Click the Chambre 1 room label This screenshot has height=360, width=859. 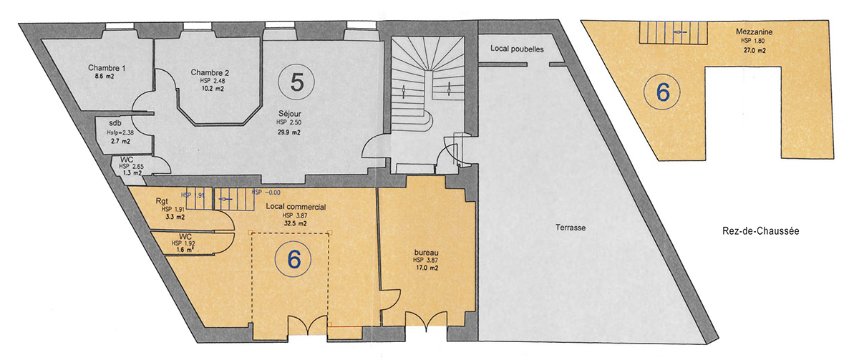pos(107,68)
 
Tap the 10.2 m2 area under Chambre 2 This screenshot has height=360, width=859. pos(213,89)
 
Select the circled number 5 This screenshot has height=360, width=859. pos(297,82)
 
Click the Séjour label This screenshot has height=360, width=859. pos(289,114)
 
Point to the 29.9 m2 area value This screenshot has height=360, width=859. pos(288,132)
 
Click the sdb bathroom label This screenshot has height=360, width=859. pos(115,123)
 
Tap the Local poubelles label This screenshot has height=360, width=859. pos(517,49)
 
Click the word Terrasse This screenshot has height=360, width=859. pos(571,228)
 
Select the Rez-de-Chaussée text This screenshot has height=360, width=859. pos(761,231)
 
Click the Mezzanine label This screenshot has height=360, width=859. pos(754,31)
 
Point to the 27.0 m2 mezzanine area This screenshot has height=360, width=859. pos(754,50)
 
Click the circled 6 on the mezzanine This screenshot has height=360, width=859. pos(662,93)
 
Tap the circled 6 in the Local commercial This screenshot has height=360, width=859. pos(293,260)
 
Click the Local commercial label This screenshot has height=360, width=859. pos(296,207)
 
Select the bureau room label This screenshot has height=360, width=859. pos(426,253)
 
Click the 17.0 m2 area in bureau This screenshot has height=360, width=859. pos(427,268)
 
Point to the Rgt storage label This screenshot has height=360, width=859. pos(162,201)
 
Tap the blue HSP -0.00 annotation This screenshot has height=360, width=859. pos(266,193)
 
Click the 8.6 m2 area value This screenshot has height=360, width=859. pos(105,77)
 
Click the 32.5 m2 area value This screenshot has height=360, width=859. pos(295,223)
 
